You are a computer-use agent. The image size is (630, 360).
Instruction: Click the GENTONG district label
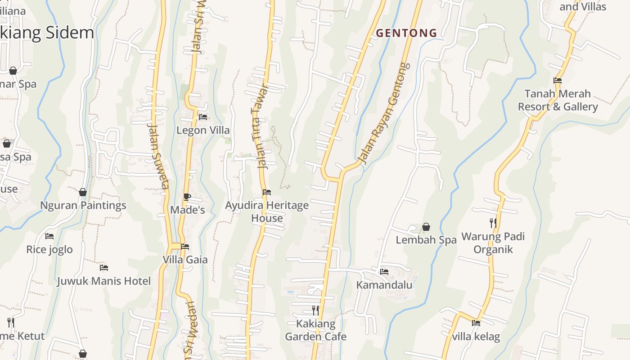click(x=406, y=33)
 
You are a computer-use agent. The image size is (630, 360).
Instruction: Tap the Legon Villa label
click(x=203, y=130)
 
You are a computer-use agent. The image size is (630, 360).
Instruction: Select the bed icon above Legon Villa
click(x=203, y=117)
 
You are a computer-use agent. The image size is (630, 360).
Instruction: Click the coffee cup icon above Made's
click(x=187, y=197)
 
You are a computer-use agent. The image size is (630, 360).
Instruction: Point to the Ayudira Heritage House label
click(x=267, y=211)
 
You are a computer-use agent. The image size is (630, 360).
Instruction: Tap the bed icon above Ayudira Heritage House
click(x=267, y=192)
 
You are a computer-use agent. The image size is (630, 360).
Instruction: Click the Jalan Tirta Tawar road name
click(x=258, y=127)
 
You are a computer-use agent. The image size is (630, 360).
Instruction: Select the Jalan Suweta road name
click(x=158, y=157)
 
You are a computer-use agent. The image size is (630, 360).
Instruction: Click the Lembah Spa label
click(x=426, y=240)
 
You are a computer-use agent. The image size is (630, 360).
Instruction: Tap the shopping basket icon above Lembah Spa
click(x=426, y=227)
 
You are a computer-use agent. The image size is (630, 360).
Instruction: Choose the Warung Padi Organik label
click(x=493, y=243)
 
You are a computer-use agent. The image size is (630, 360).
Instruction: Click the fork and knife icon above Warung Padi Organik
click(x=493, y=223)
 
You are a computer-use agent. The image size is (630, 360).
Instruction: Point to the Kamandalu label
click(x=384, y=285)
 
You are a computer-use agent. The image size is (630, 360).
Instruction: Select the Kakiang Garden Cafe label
click(x=315, y=330)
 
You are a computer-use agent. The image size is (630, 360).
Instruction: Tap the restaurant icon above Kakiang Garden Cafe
click(x=315, y=310)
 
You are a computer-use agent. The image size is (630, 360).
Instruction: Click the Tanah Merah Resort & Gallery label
click(x=558, y=100)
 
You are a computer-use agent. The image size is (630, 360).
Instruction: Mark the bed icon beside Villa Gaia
click(x=185, y=247)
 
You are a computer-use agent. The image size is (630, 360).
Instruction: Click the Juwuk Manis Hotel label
click(x=103, y=281)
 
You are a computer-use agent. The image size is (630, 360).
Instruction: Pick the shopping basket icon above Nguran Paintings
click(x=83, y=192)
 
